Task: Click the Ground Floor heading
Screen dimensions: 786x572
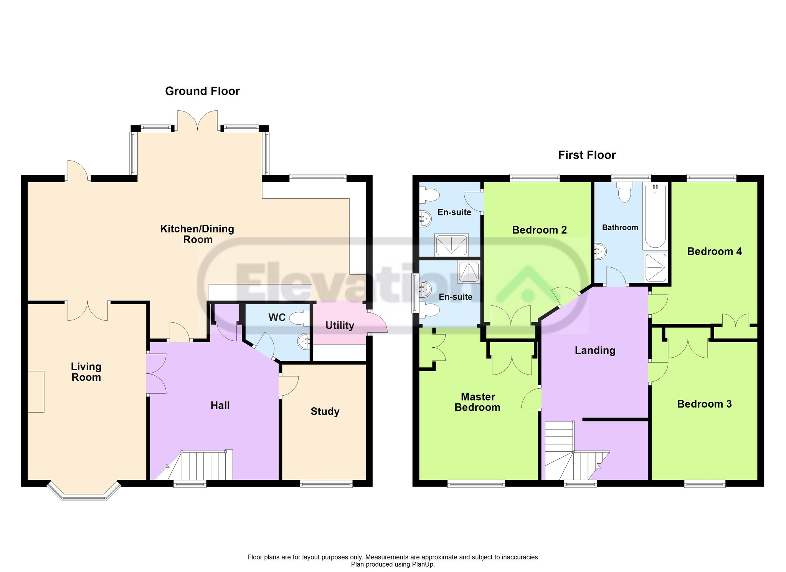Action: (x=202, y=91)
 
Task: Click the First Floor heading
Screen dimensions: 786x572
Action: (x=587, y=155)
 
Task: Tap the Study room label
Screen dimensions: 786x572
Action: (x=325, y=411)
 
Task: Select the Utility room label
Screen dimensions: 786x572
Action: (x=340, y=325)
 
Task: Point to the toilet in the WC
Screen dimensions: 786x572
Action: (x=299, y=318)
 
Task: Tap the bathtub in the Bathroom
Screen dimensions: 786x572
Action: (x=656, y=216)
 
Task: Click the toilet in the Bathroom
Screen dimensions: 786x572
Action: (x=625, y=191)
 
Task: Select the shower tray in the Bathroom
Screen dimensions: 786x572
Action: (x=656, y=267)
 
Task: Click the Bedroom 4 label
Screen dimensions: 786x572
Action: (x=714, y=252)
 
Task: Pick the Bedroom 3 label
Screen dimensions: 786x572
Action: (x=704, y=404)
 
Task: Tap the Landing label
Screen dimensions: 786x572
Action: (x=595, y=350)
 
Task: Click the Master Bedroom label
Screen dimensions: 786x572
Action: (x=477, y=402)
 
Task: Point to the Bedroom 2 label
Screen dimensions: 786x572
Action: (x=539, y=230)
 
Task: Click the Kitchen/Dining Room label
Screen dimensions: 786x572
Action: (x=197, y=234)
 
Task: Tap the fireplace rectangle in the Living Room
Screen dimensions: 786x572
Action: (x=36, y=391)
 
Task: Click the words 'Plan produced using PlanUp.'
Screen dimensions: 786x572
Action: (x=393, y=564)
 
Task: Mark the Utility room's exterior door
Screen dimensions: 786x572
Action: (x=376, y=322)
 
